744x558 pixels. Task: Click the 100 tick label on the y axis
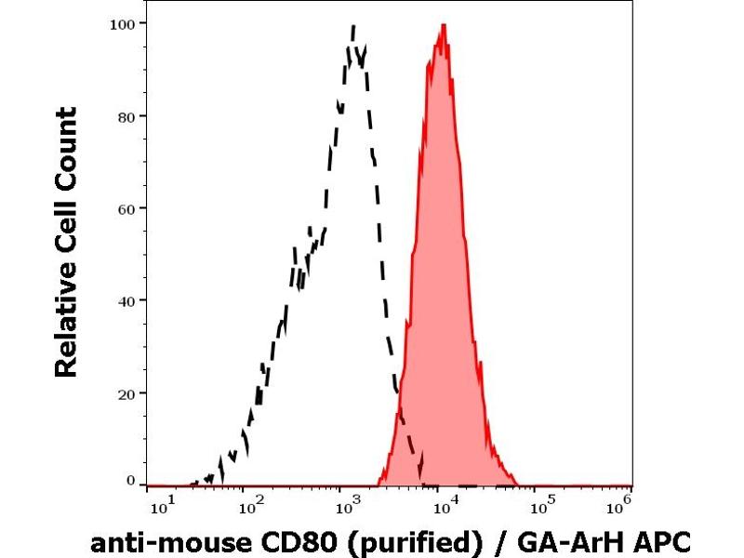122,23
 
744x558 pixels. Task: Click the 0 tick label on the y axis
130,481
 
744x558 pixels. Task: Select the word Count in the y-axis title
66,149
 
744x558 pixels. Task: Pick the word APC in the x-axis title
663,540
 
